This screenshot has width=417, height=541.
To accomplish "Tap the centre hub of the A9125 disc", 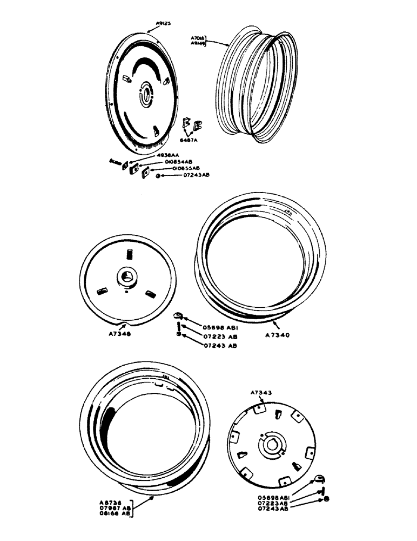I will [146, 91].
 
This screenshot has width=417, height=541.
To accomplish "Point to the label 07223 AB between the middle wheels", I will [204, 335].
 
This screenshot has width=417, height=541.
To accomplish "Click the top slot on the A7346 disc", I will [129, 253].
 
